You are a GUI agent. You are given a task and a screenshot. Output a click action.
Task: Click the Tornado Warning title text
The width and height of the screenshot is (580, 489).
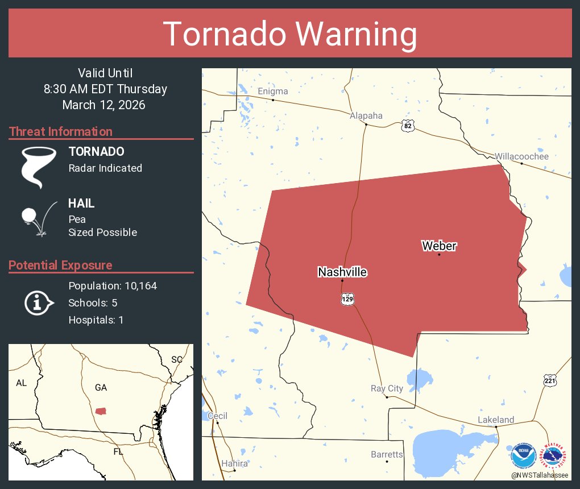(x=290, y=34)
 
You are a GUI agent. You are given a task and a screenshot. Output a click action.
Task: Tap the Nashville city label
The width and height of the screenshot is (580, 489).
(x=342, y=272)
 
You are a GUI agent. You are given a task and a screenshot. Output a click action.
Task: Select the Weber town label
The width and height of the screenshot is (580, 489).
(x=439, y=246)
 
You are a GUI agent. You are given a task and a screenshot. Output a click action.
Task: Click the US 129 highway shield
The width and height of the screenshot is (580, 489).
(x=348, y=299)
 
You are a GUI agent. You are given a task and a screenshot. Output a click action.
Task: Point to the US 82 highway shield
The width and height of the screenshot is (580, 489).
(x=407, y=126)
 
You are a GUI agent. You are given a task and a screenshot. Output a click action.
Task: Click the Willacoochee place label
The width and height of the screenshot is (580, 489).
(x=521, y=156)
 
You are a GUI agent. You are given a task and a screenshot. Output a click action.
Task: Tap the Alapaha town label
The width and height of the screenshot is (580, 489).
(x=366, y=116)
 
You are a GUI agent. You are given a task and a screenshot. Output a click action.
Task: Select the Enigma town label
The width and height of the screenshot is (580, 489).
(x=273, y=92)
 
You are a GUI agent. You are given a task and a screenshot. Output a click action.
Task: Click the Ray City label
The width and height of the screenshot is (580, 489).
(x=387, y=389)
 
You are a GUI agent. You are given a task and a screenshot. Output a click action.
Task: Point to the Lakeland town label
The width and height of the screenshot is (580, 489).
(x=496, y=420)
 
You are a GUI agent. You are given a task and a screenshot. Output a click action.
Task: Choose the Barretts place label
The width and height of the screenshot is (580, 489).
(x=387, y=455)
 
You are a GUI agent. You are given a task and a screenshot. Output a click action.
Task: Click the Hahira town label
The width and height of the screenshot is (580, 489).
(x=234, y=464)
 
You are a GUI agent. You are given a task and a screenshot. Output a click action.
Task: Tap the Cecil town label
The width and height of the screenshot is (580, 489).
(x=217, y=416)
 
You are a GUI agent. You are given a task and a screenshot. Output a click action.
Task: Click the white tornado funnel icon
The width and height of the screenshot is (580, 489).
(x=39, y=167)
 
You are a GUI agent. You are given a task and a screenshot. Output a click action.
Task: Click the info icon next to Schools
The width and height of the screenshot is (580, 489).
(x=38, y=302)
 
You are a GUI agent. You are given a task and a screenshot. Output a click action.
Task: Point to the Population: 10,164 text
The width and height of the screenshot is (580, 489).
(x=113, y=286)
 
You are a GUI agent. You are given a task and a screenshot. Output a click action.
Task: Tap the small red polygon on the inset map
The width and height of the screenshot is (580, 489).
(x=101, y=411)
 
